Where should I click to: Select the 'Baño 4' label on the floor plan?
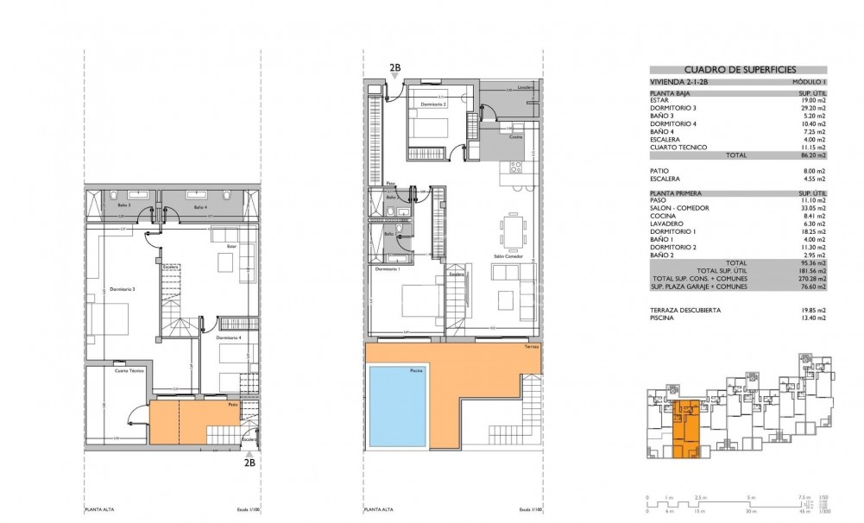click(x=200, y=208)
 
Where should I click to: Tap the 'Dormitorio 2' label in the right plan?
click(x=434, y=104)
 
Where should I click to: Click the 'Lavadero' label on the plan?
click(x=526, y=87)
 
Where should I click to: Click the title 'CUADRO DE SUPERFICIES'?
click(x=740, y=70)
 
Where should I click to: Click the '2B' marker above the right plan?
click(x=395, y=67)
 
